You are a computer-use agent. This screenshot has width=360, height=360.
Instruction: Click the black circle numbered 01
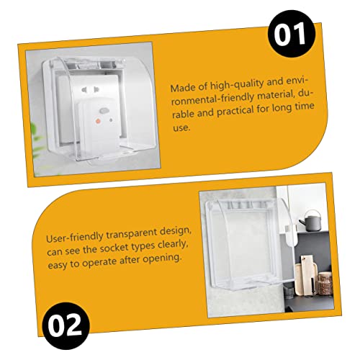point(291,34)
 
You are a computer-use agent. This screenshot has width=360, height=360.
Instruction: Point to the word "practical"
point(235,112)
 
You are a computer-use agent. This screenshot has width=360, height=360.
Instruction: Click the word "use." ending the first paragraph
point(181,128)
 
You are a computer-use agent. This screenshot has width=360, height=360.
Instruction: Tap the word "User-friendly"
point(75,238)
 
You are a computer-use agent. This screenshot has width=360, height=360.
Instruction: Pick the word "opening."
point(161,258)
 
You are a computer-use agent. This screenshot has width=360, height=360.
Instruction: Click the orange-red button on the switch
point(98,121)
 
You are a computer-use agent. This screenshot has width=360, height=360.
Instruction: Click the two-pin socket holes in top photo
point(90,90)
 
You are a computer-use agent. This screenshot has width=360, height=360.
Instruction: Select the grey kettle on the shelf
point(312,220)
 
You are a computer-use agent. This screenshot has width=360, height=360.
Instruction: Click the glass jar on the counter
point(325,283)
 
